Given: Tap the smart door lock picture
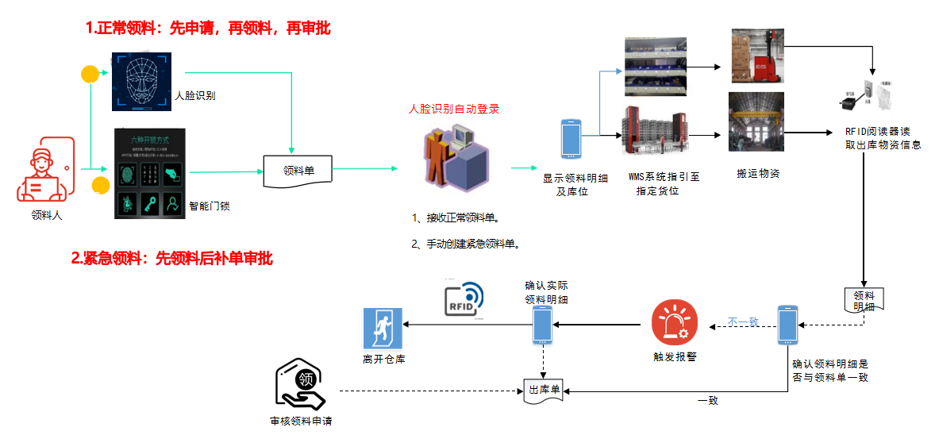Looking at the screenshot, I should [x=149, y=173].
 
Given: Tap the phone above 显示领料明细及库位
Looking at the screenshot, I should [x=571, y=138].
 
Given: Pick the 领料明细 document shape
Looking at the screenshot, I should [x=863, y=300].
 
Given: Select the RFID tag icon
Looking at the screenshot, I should [x=467, y=299].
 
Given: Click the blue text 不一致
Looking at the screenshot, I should [x=744, y=321].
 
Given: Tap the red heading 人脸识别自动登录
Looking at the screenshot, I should [x=453, y=109].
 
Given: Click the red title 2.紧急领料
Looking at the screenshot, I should [x=172, y=258].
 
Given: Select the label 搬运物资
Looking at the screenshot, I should [x=758, y=173].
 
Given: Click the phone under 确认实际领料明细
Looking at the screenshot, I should [x=542, y=325].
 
